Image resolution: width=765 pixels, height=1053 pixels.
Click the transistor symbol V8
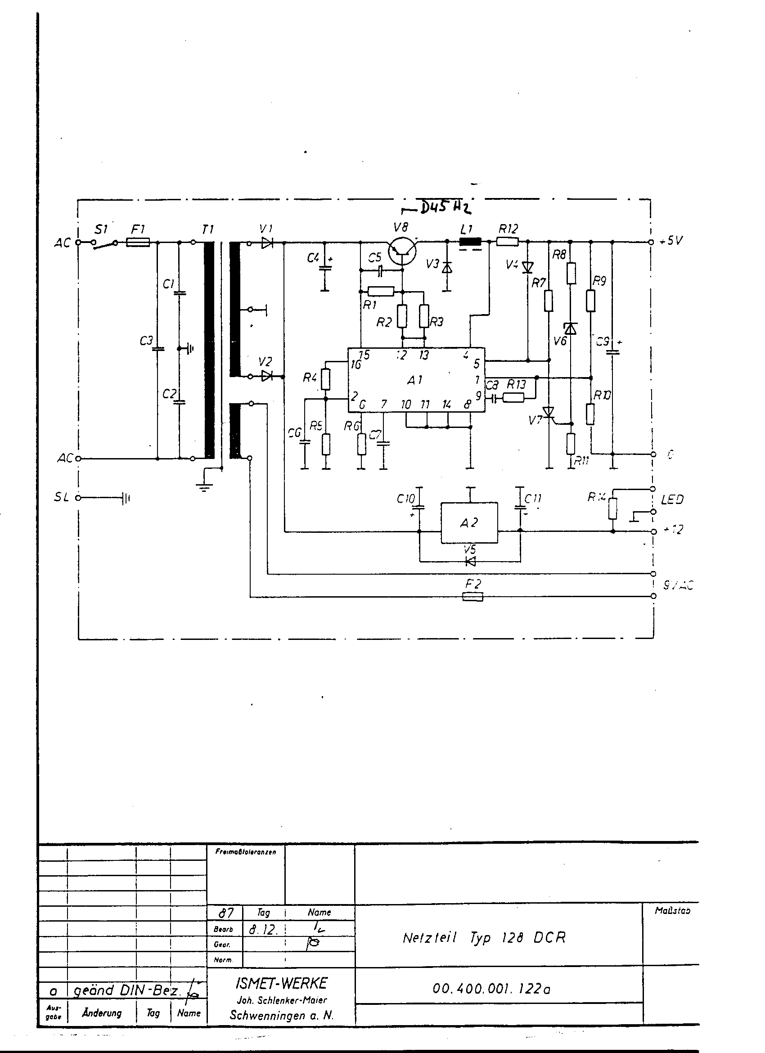pyautogui.click(x=402, y=251)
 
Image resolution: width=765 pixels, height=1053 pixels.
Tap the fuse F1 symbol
pyautogui.click(x=138, y=242)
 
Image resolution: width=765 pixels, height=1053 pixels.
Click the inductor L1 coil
pyautogui.click(x=470, y=242)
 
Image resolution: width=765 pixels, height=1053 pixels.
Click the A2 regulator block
pyautogui.click(x=469, y=522)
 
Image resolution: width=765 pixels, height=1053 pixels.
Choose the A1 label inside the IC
pyautogui.click(x=415, y=380)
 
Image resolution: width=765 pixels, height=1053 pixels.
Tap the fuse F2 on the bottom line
pyautogui.click(x=473, y=596)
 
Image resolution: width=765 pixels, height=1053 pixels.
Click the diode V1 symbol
pyautogui.click(x=266, y=243)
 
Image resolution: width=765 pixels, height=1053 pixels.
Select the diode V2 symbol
pyautogui.click(x=266, y=376)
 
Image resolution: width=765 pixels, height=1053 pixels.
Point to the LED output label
pyautogui.click(x=672, y=499)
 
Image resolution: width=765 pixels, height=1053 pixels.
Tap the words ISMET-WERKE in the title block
pyautogui.click(x=281, y=983)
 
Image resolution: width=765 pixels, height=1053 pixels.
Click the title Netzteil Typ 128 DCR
pyautogui.click(x=484, y=938)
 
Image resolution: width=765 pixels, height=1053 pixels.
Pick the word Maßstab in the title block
pyautogui.click(x=672, y=910)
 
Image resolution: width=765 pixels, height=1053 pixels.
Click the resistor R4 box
pyautogui.click(x=325, y=379)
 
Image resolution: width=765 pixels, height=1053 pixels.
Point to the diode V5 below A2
pyautogui.click(x=470, y=562)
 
